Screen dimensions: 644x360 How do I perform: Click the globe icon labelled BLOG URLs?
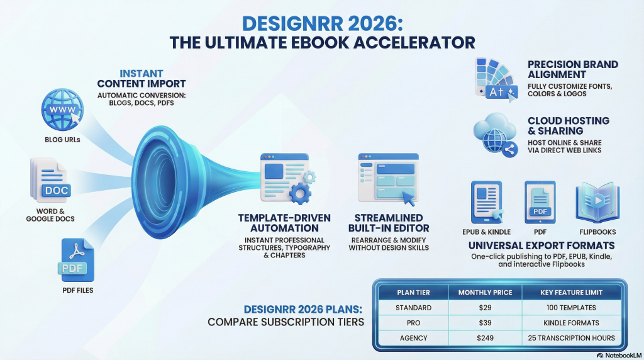tap(62, 110)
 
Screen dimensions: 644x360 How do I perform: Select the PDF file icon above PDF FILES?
tap(77, 260)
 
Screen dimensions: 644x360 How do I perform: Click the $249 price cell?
tap(485, 338)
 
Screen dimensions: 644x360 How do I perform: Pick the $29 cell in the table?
tap(485, 307)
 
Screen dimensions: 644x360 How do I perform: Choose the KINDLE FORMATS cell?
tap(571, 323)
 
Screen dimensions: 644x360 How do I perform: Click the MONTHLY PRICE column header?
tap(485, 293)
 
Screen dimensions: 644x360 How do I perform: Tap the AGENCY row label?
tap(414, 338)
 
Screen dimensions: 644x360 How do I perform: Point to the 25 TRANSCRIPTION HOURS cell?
tap(571, 338)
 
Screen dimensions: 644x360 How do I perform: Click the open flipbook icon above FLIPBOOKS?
tap(597, 202)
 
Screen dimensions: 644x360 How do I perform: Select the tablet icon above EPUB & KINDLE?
tap(487, 202)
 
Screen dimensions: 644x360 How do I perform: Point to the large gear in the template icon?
tap(300, 193)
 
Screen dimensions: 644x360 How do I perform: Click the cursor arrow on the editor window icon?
tap(409, 198)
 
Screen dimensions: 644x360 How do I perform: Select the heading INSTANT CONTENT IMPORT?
tap(142, 79)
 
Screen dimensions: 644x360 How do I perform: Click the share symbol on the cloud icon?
tap(509, 150)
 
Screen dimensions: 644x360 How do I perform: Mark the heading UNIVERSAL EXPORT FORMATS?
tap(541, 245)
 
